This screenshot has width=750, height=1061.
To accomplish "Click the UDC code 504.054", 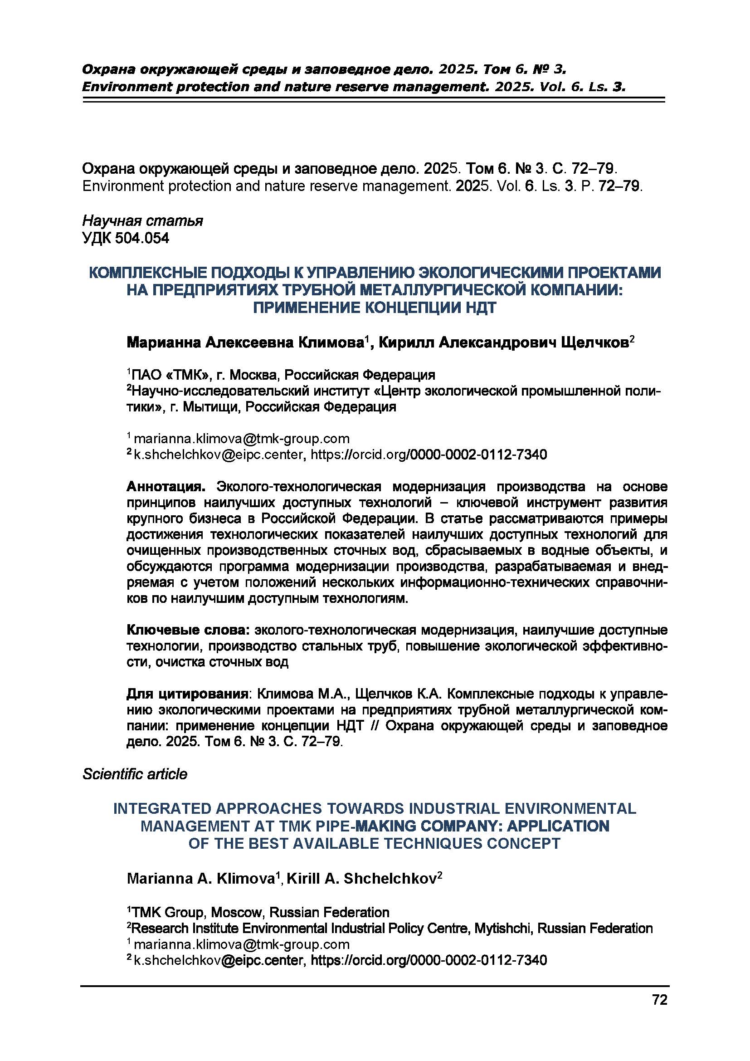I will pyautogui.click(x=142, y=239).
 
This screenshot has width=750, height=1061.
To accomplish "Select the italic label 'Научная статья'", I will pyautogui.click(x=142, y=221).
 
